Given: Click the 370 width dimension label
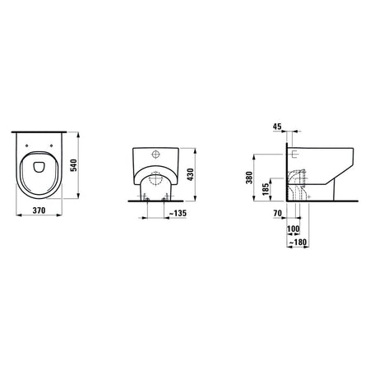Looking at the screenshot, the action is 39,210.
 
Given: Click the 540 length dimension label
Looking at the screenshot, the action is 74,165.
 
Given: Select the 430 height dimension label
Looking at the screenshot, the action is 190,174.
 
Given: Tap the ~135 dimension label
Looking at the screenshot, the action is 178,213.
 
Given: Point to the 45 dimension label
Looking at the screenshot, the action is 277,127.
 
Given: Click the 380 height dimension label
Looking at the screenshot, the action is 249,178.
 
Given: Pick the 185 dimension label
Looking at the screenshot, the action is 266,189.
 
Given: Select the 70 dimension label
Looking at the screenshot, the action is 277,213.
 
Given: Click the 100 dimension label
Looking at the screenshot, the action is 294,229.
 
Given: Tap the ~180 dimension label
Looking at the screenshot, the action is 298,243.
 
